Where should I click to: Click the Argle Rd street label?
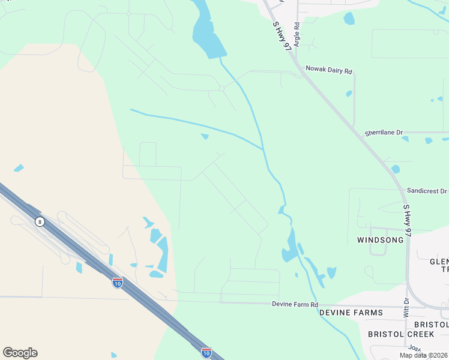[297, 37]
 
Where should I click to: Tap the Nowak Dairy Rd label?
[328, 70]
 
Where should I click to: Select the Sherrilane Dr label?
[384, 132]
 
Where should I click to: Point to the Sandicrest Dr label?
[427, 190]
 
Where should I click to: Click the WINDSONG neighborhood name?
[381, 240]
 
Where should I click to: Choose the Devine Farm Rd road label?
[294, 305]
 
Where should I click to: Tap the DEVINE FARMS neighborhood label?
[351, 313]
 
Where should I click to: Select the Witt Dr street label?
[407, 307]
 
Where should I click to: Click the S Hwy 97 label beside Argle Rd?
[280, 36]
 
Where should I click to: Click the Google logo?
[20, 353]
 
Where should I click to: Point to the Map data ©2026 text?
[424, 355]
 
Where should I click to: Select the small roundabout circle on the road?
[221, 89]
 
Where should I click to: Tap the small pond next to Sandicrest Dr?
[395, 170]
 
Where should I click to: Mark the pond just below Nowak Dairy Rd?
[349, 94]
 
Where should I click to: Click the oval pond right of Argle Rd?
[349, 19]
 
